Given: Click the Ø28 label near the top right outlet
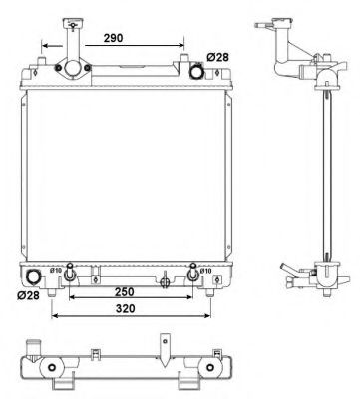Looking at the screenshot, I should click(219, 56).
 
